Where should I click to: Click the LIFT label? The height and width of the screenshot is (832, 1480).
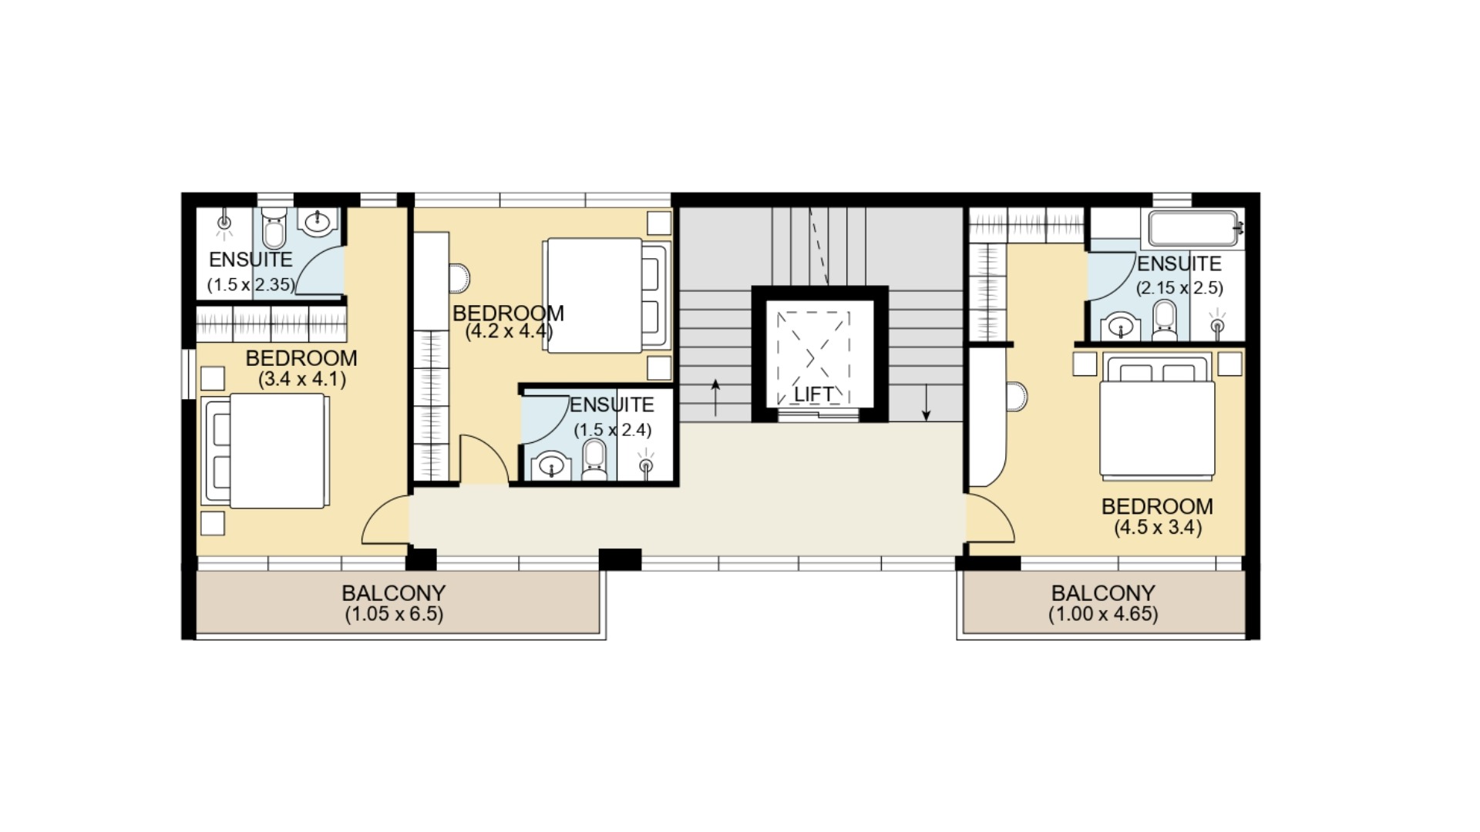(x=814, y=394)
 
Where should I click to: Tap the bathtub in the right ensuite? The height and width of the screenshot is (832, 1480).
(x=1196, y=228)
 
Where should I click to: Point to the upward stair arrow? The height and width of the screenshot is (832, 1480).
(x=715, y=398)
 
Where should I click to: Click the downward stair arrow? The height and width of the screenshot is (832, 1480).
(x=927, y=404)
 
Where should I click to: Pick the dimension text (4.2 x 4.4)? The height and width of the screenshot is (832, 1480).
(x=509, y=332)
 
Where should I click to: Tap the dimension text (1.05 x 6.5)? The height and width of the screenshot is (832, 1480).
(x=394, y=614)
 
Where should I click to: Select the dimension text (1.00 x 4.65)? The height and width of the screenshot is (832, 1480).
(x=1103, y=614)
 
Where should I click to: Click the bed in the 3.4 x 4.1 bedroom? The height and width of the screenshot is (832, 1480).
(x=264, y=451)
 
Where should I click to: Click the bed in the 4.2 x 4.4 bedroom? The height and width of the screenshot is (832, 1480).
(x=606, y=296)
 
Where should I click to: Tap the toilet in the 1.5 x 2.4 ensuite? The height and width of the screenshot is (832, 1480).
(x=594, y=460)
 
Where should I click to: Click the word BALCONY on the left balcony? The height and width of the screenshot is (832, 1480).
(x=394, y=593)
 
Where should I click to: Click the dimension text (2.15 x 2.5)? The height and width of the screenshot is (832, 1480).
(x=1179, y=288)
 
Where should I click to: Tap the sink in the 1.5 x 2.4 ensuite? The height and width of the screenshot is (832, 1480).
(x=551, y=465)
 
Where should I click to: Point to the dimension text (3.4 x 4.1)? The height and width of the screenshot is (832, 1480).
(x=301, y=379)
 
